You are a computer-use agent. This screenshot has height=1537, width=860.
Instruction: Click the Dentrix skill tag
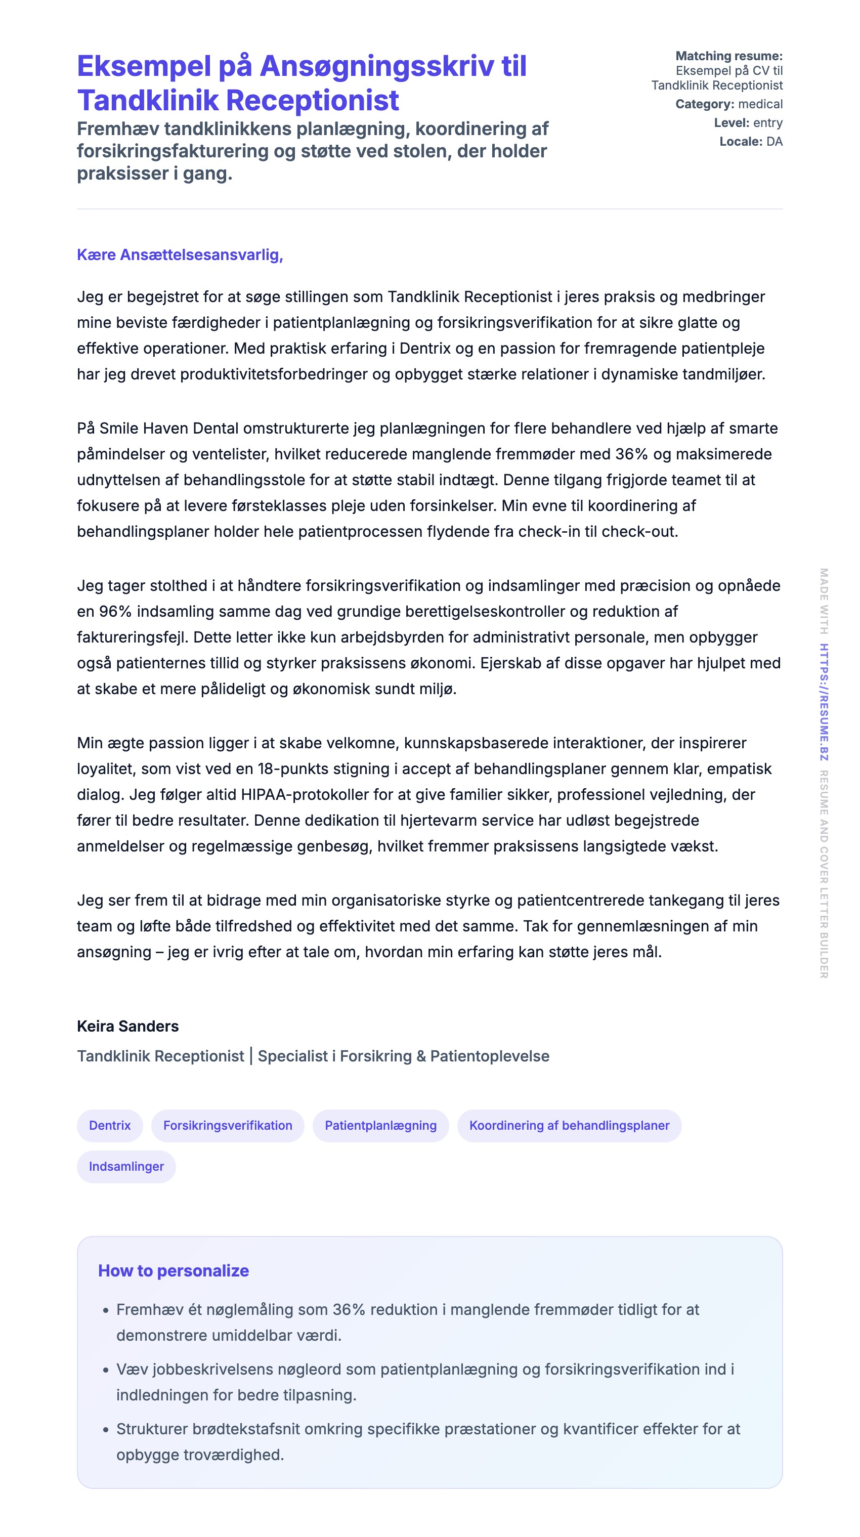[x=109, y=1125]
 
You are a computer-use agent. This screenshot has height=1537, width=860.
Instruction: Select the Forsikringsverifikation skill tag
[x=227, y=1125]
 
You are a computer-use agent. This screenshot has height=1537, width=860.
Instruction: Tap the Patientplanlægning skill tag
[x=380, y=1125]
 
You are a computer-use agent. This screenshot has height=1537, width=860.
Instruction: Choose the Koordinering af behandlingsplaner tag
[x=569, y=1125]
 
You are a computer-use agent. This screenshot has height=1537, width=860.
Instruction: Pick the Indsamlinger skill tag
[x=126, y=1167]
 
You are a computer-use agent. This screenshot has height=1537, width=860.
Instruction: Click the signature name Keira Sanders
[x=127, y=1026]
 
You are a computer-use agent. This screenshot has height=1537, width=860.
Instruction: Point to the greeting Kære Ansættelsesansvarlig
[x=180, y=255]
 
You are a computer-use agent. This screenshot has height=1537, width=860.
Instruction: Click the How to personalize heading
[x=173, y=1271]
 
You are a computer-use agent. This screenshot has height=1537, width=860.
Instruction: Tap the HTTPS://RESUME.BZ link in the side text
[x=824, y=702]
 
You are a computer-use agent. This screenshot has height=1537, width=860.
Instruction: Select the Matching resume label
[x=728, y=56]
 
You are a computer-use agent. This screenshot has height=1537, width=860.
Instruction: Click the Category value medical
[x=760, y=104]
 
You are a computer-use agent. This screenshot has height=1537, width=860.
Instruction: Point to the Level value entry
[x=767, y=123]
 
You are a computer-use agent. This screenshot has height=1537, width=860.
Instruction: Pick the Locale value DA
[x=774, y=142]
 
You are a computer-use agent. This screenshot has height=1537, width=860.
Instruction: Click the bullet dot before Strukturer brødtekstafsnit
[x=106, y=1430]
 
